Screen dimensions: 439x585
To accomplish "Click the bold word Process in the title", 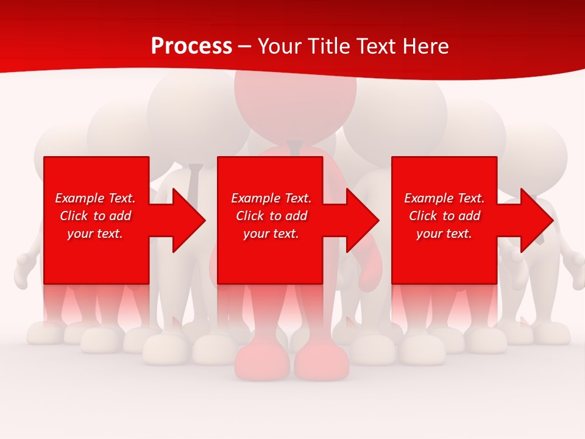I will (x=191, y=46).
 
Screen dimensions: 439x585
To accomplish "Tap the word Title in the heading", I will (x=329, y=46).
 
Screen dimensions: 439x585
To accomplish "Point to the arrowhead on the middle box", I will (x=361, y=220).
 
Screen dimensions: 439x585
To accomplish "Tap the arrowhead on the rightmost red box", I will (x=536, y=220).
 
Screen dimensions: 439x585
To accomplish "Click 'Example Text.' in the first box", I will (x=95, y=198).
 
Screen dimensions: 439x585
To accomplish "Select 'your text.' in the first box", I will (x=95, y=234).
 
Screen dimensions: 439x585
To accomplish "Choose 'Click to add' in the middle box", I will (x=271, y=216).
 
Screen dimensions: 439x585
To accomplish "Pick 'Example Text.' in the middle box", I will (x=271, y=198).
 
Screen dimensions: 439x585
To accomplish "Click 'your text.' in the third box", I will (x=444, y=234).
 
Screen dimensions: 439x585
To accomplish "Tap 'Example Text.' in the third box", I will (x=444, y=198).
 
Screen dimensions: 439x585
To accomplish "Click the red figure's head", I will (x=295, y=101).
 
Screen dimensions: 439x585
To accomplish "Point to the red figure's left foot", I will (x=262, y=363).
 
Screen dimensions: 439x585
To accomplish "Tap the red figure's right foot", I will (x=320, y=363).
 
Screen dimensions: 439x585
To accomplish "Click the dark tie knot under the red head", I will (x=295, y=147).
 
